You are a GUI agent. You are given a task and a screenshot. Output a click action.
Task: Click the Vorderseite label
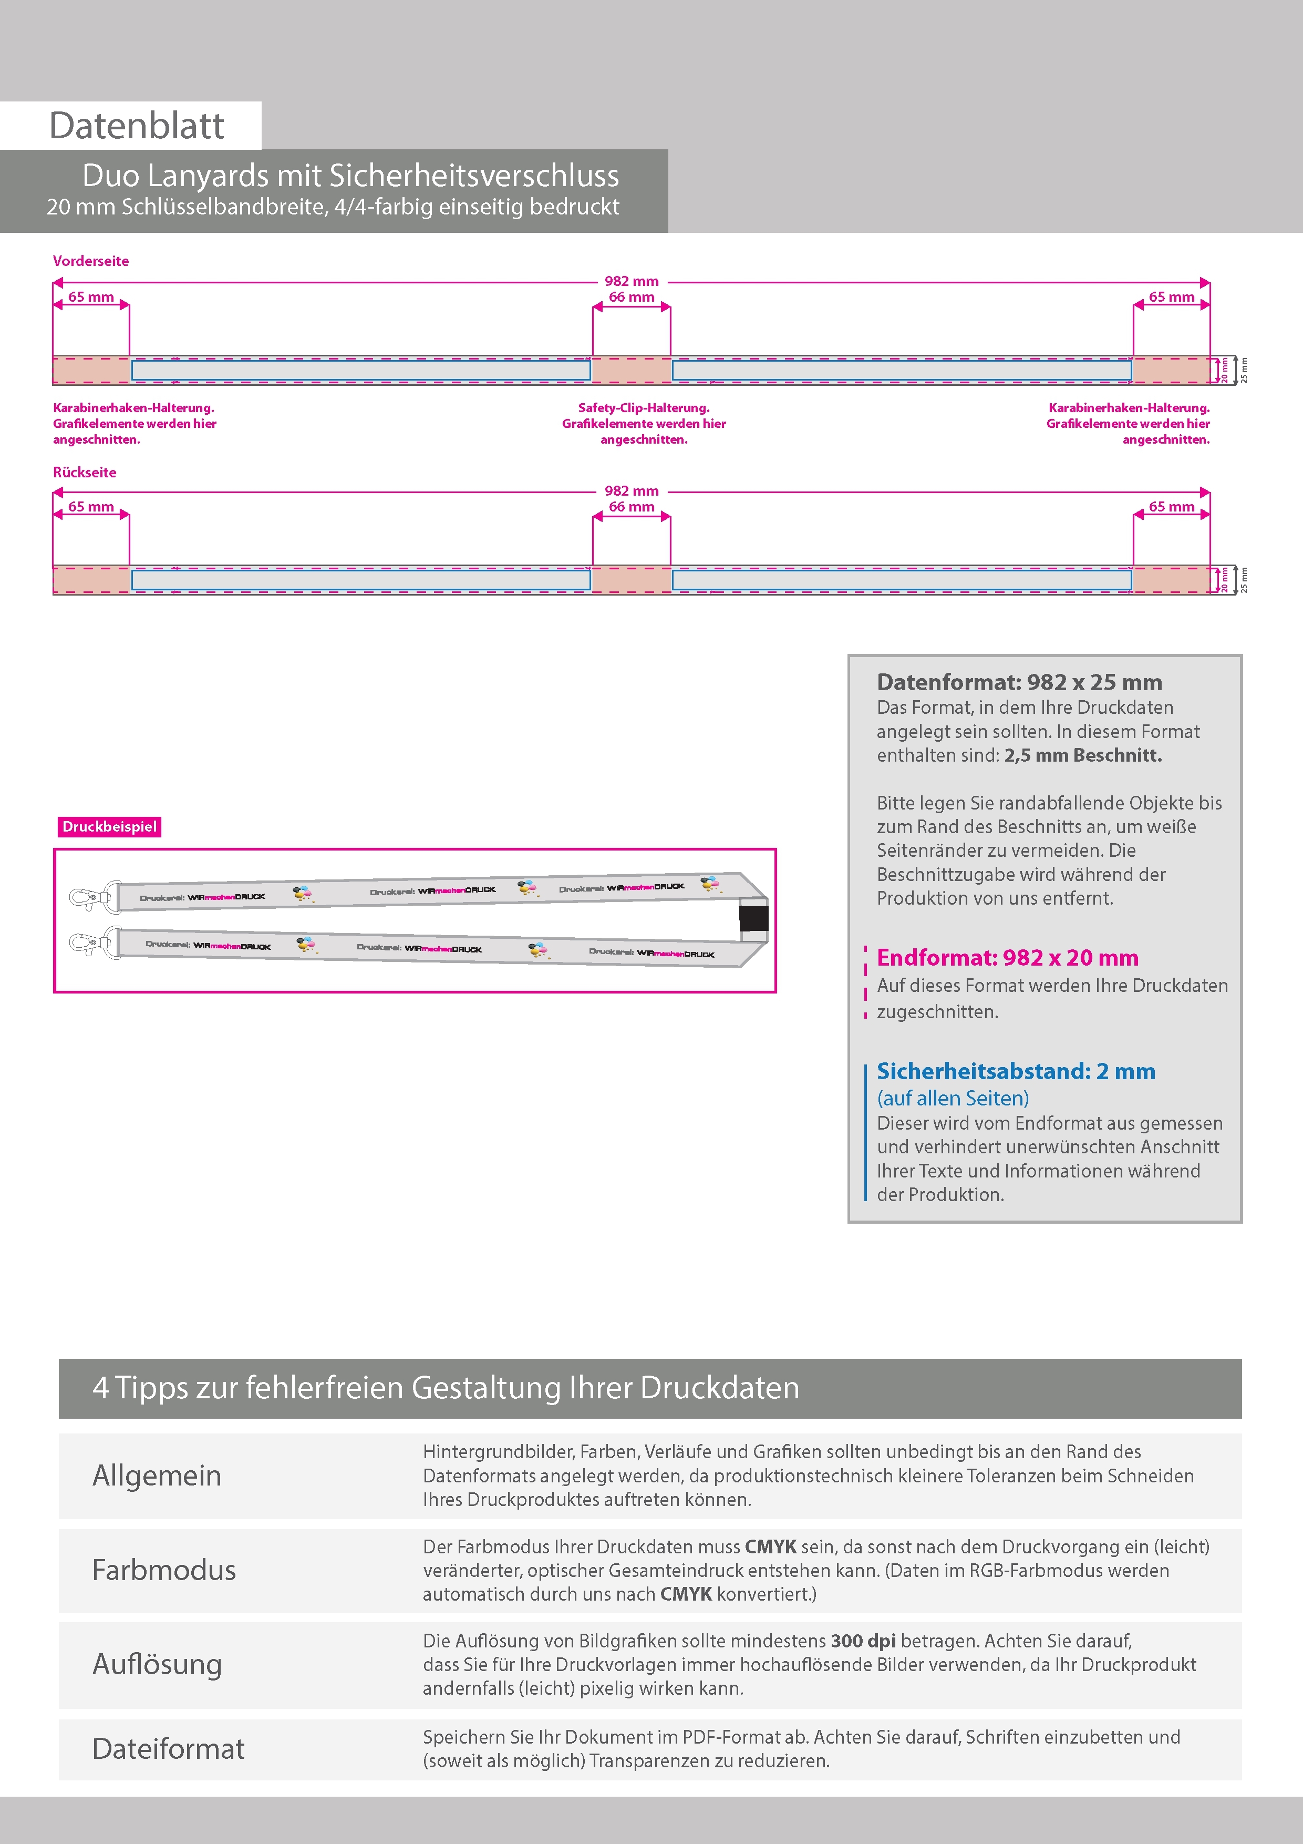pyautogui.click(x=91, y=261)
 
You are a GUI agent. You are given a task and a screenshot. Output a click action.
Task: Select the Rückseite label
pyautogui.click(x=84, y=472)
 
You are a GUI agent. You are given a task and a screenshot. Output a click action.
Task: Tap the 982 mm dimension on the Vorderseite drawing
pyautogui.click(x=631, y=281)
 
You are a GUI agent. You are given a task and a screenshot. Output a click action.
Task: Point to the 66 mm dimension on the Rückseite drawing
pyautogui.click(x=631, y=507)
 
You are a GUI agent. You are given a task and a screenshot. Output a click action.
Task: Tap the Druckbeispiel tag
pyautogui.click(x=109, y=826)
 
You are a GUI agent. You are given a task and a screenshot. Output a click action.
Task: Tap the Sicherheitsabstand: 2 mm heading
pyautogui.click(x=1016, y=1071)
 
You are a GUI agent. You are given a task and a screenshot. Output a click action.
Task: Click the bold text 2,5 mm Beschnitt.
pyautogui.click(x=1082, y=755)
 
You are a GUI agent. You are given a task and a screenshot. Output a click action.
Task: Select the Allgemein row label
pyautogui.click(x=157, y=1476)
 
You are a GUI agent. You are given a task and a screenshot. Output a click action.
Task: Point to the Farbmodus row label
pyautogui.click(x=164, y=1570)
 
